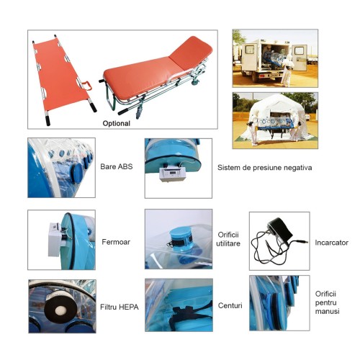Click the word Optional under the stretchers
click(x=117, y=123)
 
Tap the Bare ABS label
click(x=117, y=166)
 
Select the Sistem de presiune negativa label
click(x=265, y=168)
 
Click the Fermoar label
click(x=116, y=242)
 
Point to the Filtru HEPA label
click(x=120, y=307)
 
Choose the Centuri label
click(x=230, y=305)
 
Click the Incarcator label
click(x=331, y=243)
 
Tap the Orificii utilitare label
click(x=228, y=239)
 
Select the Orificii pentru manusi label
click(x=327, y=302)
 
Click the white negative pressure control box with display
click(x=172, y=174)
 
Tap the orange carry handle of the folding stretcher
click(x=87, y=86)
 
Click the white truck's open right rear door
click(x=299, y=58)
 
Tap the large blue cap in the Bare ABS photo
click(x=76, y=172)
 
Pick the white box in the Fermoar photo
click(x=55, y=239)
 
